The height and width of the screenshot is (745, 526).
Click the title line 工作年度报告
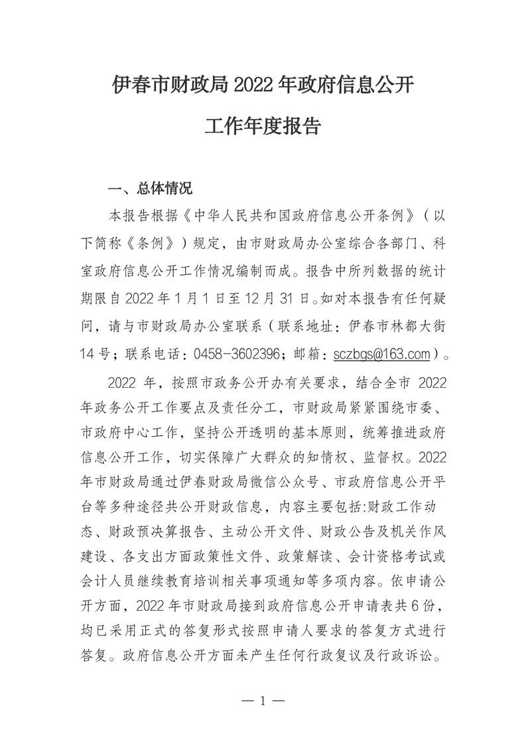pos(263,126)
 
